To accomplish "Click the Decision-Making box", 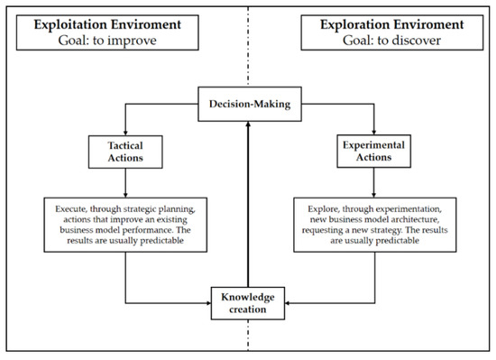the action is tap(250, 104).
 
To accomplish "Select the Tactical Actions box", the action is tap(125, 152).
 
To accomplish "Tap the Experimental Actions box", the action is tap(374, 152).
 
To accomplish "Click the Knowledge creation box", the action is tap(248, 303).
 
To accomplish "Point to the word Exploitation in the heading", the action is tap(70, 24).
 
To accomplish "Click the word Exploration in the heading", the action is tap(354, 24).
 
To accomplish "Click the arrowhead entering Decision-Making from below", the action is tap(248, 125).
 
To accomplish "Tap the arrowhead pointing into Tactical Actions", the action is tap(125, 133).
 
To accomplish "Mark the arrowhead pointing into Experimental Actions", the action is tap(374, 132).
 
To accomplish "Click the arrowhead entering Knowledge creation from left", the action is tap(208, 303).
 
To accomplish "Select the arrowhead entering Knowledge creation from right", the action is tap(288, 303).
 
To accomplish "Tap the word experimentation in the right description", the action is tap(409, 209).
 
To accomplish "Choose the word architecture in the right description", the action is tap(416, 219).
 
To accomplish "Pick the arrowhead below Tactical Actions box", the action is tap(125, 195).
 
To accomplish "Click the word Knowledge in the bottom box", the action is tap(248, 297).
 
